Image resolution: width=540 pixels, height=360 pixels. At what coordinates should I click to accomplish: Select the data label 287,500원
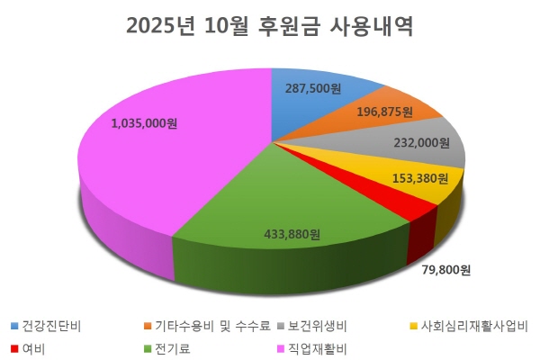coord(311,90)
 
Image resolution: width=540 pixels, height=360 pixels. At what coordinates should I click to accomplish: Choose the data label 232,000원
coord(422,142)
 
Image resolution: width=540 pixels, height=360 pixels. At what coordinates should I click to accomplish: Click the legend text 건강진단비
coord(53,325)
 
